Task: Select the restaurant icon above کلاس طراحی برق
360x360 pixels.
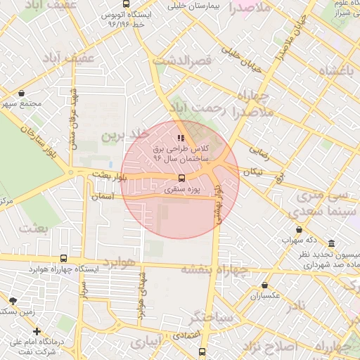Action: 181,139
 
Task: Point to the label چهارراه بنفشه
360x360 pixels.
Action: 215,269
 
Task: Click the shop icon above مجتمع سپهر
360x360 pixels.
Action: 22,93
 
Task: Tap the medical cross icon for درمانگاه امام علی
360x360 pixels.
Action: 37,331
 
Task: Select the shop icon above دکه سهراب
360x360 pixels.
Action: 300,229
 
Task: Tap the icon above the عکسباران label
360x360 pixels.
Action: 264,285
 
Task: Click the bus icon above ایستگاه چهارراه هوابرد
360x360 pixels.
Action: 64,258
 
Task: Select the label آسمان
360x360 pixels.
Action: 102,198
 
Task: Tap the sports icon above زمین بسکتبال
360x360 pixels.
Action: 11,300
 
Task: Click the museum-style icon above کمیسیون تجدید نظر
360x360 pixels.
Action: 331,243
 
